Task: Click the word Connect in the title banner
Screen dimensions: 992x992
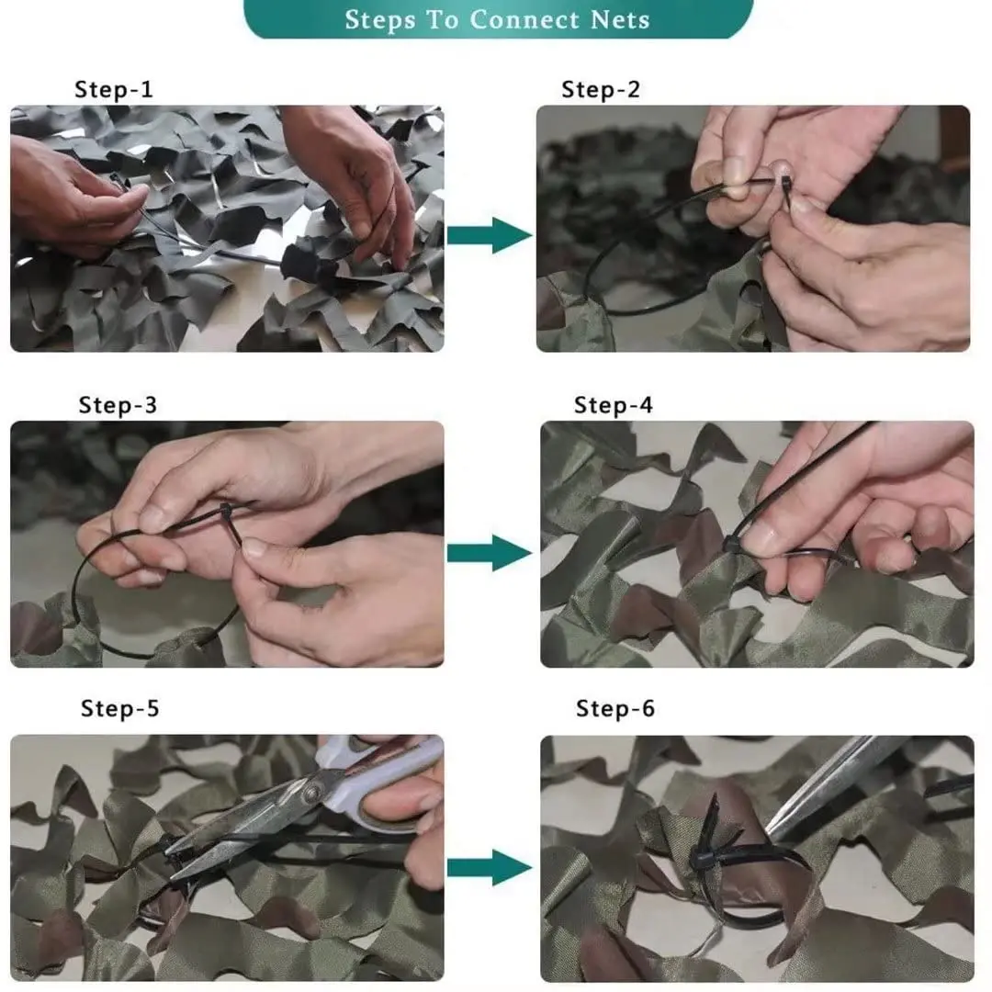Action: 524,19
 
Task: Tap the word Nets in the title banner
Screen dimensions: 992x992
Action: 620,19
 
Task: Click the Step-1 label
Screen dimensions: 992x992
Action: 114,89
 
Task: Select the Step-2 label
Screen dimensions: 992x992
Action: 601,89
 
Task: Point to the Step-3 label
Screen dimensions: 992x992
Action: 118,405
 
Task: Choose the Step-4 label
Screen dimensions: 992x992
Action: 613,405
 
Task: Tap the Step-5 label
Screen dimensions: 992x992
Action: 119,708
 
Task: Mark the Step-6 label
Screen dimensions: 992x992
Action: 614,708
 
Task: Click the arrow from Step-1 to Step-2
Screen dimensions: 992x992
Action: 490,235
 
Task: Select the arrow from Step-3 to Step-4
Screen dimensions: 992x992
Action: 490,553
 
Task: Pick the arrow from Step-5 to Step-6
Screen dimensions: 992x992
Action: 490,867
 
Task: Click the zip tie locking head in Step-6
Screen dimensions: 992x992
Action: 703,859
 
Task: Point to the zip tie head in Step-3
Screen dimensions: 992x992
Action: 226,510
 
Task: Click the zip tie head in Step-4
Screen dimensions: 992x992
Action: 731,544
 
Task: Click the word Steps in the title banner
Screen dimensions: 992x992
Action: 380,19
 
